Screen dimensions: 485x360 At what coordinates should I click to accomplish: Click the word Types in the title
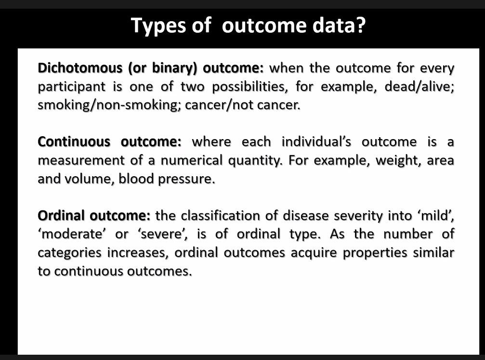158,26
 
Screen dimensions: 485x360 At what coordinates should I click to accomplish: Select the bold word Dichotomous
80,68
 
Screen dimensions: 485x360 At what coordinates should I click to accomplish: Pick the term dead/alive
419,87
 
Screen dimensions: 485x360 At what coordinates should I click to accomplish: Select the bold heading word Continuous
74,142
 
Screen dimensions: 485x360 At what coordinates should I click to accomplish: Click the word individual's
316,141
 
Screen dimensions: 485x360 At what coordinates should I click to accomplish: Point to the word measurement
81,160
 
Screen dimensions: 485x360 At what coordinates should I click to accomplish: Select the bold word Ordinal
61,216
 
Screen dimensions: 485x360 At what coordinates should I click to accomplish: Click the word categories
69,253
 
